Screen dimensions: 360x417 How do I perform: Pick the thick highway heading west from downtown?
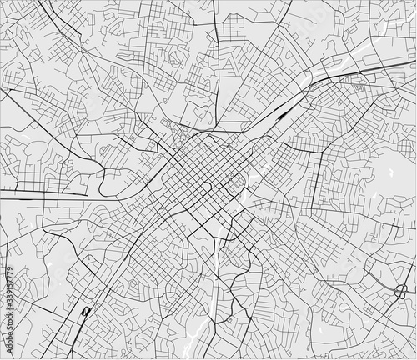click(x=50, y=194)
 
